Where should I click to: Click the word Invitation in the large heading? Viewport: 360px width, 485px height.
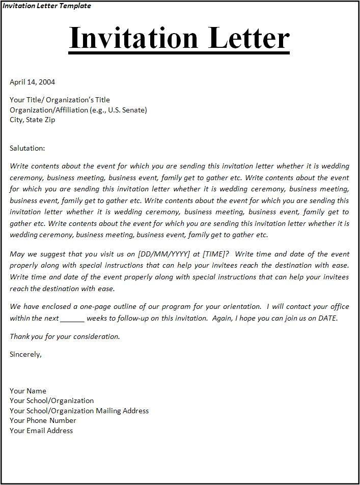point(133,38)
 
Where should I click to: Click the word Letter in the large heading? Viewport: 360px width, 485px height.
point(246,38)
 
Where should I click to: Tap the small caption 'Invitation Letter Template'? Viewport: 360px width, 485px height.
point(46,6)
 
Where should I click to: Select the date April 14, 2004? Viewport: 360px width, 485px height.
point(32,81)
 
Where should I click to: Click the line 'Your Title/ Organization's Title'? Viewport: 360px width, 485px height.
point(60,100)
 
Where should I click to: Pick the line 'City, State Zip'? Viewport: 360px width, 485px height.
point(32,120)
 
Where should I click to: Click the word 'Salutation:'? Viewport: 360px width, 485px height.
point(27,148)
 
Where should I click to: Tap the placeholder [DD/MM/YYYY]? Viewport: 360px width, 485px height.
point(162,254)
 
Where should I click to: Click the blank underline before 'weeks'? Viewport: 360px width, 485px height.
point(72,319)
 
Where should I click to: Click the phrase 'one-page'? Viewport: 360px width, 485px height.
point(95,306)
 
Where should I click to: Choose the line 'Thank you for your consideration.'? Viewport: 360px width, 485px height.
point(65,336)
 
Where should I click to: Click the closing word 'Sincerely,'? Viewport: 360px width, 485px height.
point(25,354)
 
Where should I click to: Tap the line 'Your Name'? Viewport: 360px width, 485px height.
point(28,391)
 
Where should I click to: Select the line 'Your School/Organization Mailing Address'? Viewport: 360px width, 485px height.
point(79,411)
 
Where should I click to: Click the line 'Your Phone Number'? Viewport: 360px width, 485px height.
point(43,420)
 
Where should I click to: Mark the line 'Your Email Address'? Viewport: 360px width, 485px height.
point(41,431)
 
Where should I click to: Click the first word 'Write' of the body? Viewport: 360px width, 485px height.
point(19,166)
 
